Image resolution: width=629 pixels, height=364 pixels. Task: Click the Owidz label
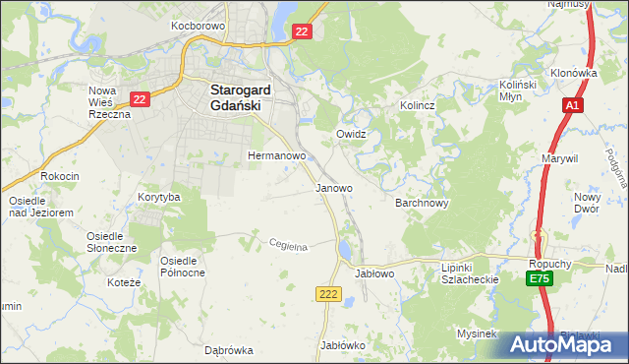pos(351,133)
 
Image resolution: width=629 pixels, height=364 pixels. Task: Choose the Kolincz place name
pos(417,104)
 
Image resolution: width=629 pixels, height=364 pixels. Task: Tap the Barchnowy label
pos(422,204)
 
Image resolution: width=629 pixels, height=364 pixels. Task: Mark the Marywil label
pos(559,157)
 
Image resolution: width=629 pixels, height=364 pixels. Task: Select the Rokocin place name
pos(59,176)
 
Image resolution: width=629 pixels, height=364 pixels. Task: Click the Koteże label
pos(128,282)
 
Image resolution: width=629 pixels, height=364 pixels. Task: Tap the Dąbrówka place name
pos(229,349)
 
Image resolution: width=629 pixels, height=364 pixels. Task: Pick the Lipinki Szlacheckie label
pos(471,273)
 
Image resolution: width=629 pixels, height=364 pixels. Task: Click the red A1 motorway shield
pos(573,104)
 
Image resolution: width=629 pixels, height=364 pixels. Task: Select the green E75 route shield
pos(539,280)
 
